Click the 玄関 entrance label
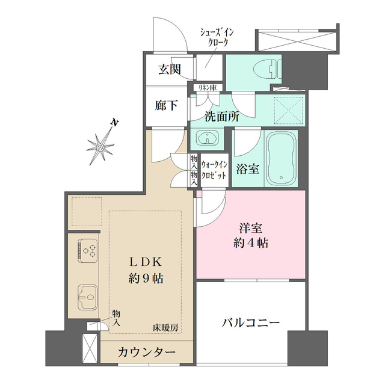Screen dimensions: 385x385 (x=169, y=69)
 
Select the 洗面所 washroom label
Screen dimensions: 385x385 (x=221, y=117)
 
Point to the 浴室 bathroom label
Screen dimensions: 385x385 (x=247, y=169)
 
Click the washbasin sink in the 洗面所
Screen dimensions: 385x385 (x=206, y=140)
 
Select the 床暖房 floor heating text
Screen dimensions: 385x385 (x=166, y=327)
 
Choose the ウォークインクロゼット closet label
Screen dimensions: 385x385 (x=214, y=168)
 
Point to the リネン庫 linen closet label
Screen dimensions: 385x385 (x=207, y=87)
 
